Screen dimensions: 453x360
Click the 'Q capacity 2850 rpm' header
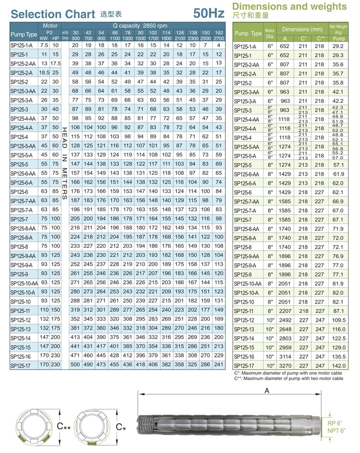(140, 25)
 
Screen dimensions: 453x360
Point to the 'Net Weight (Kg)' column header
(338, 28)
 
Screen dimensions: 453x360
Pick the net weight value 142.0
(338, 366)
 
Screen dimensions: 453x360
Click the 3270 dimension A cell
(285, 366)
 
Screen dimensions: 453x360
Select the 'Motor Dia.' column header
(270, 33)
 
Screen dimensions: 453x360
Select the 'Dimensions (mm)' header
(302, 29)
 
